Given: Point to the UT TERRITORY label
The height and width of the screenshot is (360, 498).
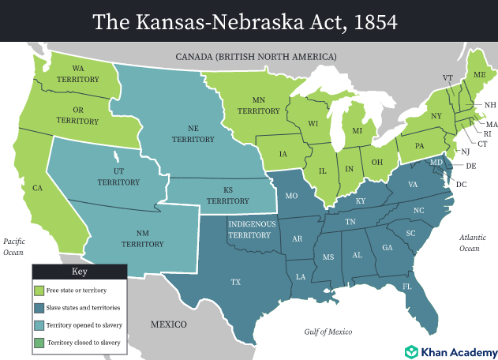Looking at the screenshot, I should click(x=118, y=176).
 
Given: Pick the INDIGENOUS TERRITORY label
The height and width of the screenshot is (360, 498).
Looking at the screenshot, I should click(x=251, y=229).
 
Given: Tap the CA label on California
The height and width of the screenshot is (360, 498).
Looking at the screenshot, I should click(x=38, y=189).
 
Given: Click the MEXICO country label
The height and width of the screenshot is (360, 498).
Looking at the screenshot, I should click(x=169, y=324).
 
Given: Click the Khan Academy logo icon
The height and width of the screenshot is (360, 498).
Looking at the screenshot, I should click(x=411, y=351).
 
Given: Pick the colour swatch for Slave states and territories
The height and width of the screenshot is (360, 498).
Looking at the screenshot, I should click(x=39, y=307).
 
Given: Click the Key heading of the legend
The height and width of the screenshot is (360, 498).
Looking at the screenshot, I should click(x=79, y=271).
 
